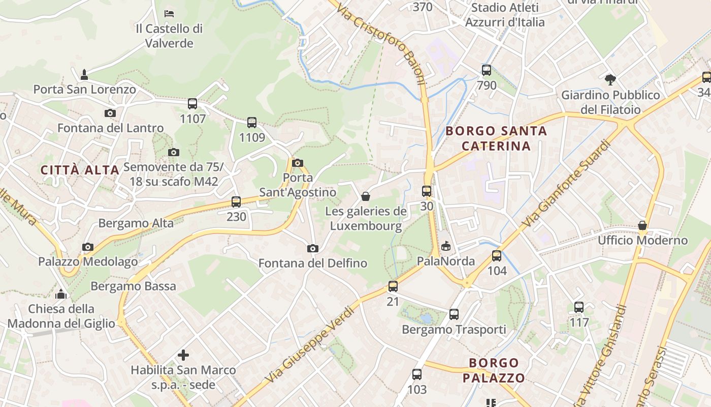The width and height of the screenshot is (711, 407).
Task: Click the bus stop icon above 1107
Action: tap(192, 104)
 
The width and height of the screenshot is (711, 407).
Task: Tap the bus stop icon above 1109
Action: tap(252, 123)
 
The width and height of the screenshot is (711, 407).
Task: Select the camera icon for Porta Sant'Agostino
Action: tap(298, 163)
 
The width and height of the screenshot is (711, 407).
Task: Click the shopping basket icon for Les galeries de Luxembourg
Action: tap(366, 196)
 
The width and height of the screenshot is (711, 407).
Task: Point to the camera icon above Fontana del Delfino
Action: tap(313, 248)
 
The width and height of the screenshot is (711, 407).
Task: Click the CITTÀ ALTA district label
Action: tap(80, 170)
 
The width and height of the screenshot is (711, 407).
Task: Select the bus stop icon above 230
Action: tap(236, 202)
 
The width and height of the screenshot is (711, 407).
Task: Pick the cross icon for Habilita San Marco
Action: tap(183, 355)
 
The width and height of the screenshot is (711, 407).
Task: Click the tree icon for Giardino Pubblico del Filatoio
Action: tap(610, 79)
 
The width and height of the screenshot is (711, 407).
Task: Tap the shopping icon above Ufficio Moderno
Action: tap(642, 225)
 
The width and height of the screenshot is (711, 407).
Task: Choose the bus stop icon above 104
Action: tap(497, 256)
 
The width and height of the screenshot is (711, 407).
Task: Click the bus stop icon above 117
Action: tap(579, 307)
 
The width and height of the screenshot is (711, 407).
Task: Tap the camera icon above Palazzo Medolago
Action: tap(88, 247)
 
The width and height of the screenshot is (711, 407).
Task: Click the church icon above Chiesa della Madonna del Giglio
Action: tap(61, 294)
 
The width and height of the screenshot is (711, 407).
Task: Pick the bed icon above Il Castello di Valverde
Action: tap(169, 13)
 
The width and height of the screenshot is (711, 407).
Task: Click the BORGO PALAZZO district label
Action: tap(494, 370)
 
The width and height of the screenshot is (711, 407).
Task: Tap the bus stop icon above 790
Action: tap(487, 70)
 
